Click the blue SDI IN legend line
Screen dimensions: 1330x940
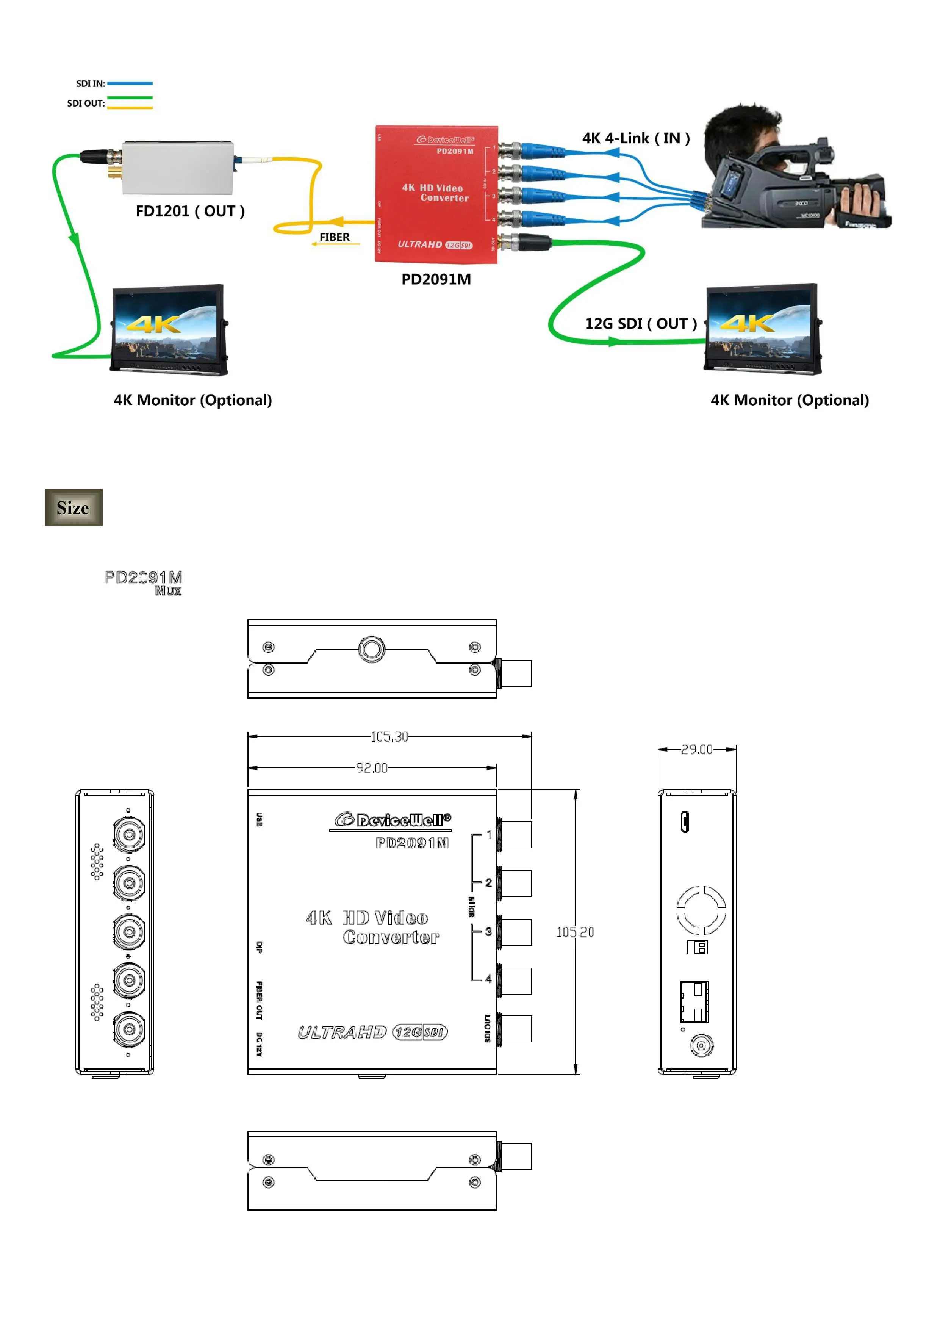click(x=130, y=83)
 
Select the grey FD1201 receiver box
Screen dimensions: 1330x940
click(x=177, y=168)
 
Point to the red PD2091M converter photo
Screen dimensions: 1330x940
click(x=436, y=194)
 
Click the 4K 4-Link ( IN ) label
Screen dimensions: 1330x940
click(x=635, y=138)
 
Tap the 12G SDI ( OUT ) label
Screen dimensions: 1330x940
click(x=640, y=323)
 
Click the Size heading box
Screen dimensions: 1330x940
click(x=74, y=508)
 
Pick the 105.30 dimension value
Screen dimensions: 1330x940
click(x=389, y=737)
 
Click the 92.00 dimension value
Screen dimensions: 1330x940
click(x=371, y=768)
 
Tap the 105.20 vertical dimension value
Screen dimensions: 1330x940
click(x=575, y=932)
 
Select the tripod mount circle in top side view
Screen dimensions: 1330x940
click(x=371, y=649)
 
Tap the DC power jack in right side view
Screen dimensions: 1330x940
click(x=701, y=1046)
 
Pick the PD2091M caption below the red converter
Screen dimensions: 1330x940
click(x=436, y=279)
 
